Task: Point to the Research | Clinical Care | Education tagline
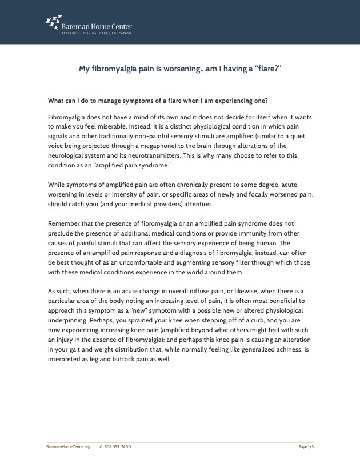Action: [x=96, y=34]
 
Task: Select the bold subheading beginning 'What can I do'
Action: [x=158, y=101]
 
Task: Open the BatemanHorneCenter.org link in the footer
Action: [x=69, y=446]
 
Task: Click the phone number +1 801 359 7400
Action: [x=115, y=446]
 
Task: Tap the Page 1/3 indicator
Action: [x=306, y=446]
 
